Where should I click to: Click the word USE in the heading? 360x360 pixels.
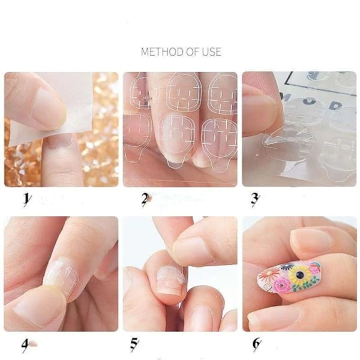tap(211, 52)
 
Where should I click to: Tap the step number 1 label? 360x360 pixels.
tap(26, 200)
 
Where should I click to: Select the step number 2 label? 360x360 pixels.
tap(145, 199)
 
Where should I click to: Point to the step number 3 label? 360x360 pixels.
tap(254, 199)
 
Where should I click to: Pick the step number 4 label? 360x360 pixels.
tap(25, 346)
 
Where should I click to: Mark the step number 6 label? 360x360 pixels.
tap(256, 344)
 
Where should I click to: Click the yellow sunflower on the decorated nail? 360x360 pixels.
tap(299, 274)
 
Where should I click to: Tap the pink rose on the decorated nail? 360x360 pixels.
tap(281, 286)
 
